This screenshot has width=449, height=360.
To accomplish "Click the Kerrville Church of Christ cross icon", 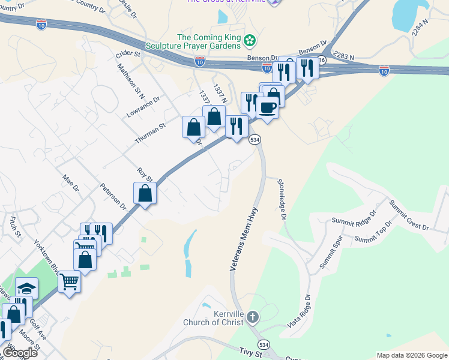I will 253,316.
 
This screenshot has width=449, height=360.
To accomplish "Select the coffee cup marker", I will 268,108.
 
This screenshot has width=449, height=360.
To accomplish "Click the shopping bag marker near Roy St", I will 145,193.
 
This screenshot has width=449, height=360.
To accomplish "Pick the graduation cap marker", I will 27,288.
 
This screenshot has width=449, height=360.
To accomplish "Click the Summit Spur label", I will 330,254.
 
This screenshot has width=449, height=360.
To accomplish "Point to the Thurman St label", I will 149,134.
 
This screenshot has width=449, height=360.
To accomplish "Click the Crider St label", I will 127,54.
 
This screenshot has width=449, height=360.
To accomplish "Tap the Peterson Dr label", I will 113,196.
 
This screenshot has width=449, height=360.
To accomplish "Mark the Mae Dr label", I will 71,182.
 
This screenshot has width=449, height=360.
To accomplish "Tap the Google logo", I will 20,353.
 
